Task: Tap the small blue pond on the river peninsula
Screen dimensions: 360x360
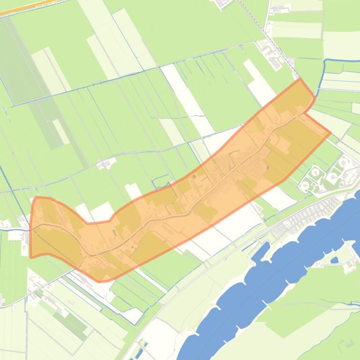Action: coord(334,260)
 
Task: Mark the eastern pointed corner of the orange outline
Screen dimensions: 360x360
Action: coord(331,133)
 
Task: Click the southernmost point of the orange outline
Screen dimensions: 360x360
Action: coord(99,282)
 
